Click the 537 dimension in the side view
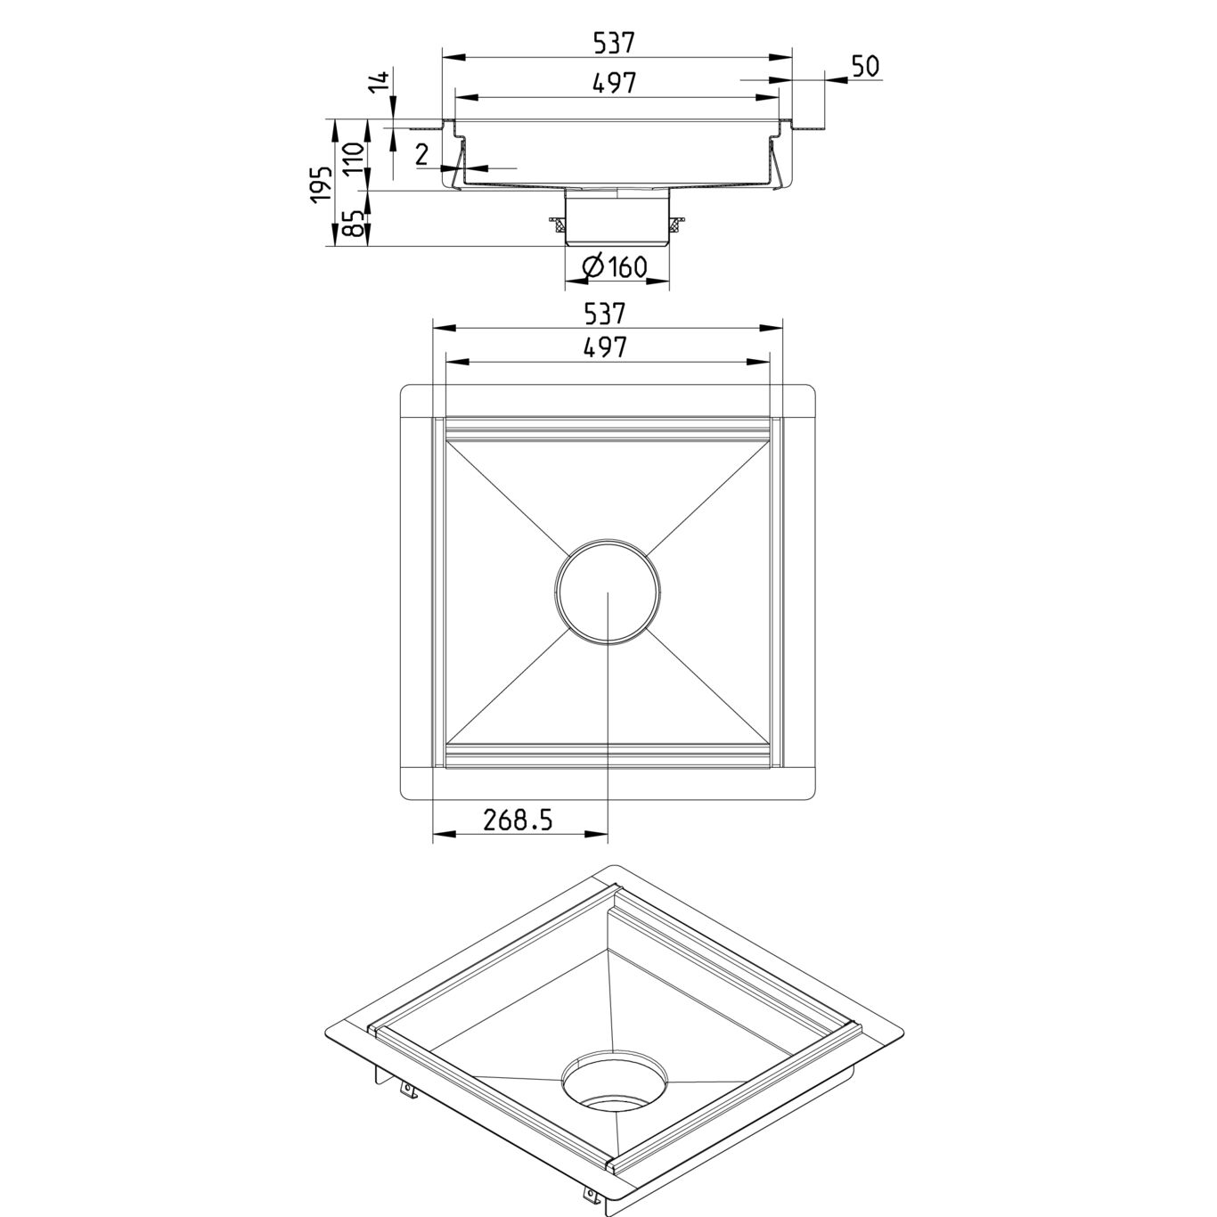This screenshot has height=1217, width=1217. [613, 43]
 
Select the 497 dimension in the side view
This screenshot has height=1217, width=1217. [615, 83]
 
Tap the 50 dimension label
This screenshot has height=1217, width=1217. [865, 66]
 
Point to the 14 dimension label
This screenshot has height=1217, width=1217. [379, 82]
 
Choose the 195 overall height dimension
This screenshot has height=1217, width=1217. [322, 184]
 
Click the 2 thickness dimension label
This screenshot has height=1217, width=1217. [422, 154]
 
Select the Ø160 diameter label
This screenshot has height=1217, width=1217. [614, 266]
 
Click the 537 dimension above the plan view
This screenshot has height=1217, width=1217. [605, 314]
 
